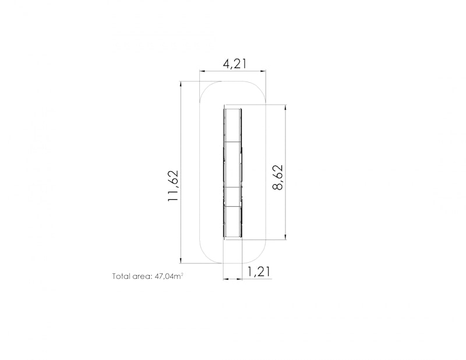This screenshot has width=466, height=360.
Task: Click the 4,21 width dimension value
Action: coord(235,63)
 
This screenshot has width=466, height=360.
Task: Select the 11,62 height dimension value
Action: coord(173,185)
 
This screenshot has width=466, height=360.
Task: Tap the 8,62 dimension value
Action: coord(278,177)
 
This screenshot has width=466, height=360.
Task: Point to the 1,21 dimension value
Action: coord(259,271)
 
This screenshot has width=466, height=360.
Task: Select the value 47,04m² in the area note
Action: coord(169,277)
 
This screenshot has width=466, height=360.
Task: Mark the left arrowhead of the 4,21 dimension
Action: coord(202,70)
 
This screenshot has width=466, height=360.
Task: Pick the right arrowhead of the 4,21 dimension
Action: coord(263,70)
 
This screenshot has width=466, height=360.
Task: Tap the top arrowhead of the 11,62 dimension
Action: coord(181,84)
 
